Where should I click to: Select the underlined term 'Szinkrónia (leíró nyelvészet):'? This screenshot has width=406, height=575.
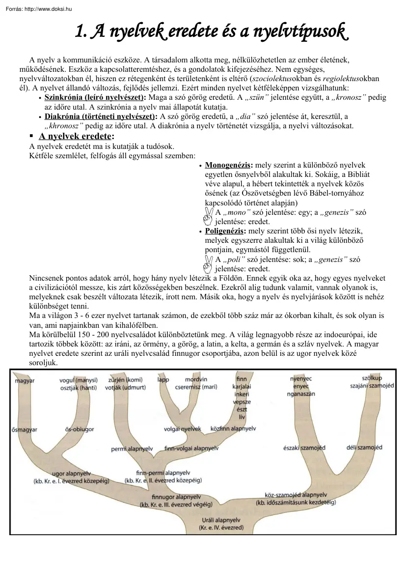click(x=95, y=98)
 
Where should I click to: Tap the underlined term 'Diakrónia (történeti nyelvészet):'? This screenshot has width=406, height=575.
click(x=101, y=116)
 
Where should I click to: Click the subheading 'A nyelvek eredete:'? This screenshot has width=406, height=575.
click(x=76, y=136)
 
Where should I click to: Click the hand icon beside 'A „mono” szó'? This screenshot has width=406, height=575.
click(x=207, y=216)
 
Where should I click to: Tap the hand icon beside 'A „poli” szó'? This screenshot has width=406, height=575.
click(x=207, y=263)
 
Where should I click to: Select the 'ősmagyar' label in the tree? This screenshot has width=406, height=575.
click(x=25, y=430)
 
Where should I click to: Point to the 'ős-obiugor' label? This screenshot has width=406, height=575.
click(x=79, y=430)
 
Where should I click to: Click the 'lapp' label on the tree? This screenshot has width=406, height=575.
click(x=163, y=380)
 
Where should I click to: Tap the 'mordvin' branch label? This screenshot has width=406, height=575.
click(x=196, y=380)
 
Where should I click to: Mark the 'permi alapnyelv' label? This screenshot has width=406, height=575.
click(x=132, y=449)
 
